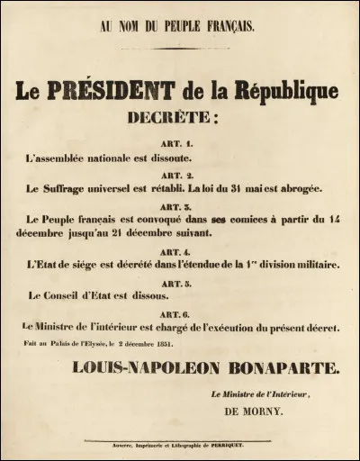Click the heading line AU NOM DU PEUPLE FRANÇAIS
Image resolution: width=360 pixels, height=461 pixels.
coord(179,26)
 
